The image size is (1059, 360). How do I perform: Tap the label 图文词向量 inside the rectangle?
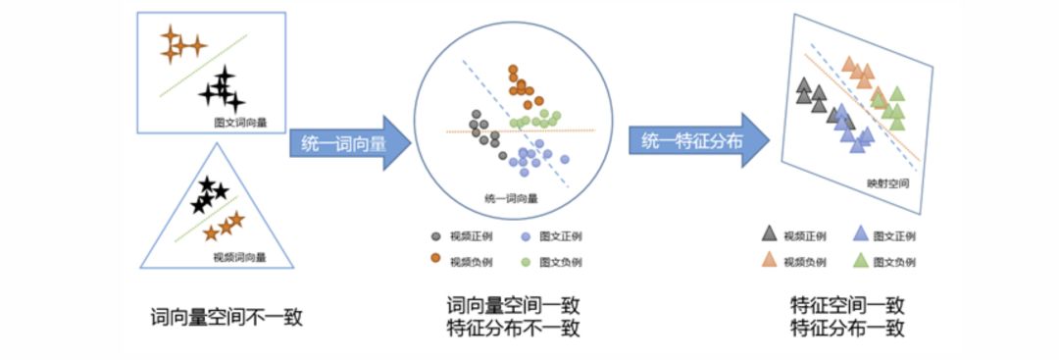tap(241, 123)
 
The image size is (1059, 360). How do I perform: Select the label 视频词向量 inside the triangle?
tap(240, 257)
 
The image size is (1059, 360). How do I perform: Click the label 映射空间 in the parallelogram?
tap(888, 183)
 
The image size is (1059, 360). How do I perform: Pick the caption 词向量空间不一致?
tap(226, 317)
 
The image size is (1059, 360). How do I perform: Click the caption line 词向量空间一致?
tap(506, 306)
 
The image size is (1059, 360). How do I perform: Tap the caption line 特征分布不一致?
tap(506, 329)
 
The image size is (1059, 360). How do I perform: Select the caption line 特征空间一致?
tap(846, 306)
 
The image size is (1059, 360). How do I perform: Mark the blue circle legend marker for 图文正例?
tap(527, 236)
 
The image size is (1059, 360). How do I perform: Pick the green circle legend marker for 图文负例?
tap(527, 261)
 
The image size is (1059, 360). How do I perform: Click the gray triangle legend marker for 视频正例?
tap(770, 235)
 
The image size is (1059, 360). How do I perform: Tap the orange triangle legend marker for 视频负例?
tap(770, 260)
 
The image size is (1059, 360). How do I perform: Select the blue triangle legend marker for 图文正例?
tap(860, 235)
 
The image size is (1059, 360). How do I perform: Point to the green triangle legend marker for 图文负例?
tap(860, 260)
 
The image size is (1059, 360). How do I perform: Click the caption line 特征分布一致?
tap(846, 329)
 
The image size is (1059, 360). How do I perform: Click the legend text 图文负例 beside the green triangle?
tap(895, 262)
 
